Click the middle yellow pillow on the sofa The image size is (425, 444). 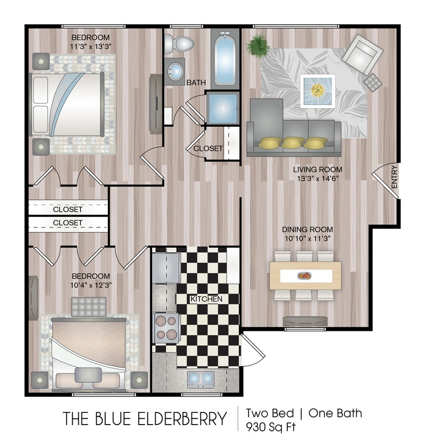click(292, 143)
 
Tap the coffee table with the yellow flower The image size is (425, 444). click(317, 90)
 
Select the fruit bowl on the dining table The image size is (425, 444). click(304, 275)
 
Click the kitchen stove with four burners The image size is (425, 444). click(166, 326)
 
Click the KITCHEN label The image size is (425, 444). click(206, 299)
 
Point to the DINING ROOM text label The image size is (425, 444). click(307, 230)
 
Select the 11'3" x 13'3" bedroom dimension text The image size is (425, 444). click(90, 46)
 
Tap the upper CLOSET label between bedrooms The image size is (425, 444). click(68, 209)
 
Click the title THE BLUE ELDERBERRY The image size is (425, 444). click(145, 419)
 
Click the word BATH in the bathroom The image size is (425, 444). click(196, 83)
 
